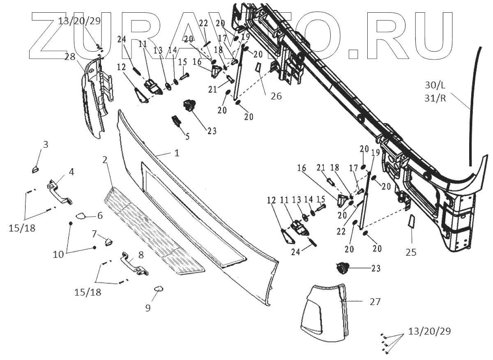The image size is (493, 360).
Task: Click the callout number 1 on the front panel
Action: coord(177,153)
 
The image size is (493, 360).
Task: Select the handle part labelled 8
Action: coord(134,265)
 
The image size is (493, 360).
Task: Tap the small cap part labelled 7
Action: coord(108,241)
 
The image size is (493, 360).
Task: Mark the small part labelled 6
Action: coord(81,216)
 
